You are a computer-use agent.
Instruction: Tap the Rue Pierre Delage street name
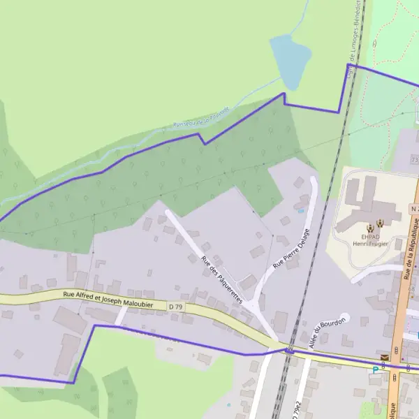coord(292,248)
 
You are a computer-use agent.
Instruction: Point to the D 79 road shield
coord(176,306)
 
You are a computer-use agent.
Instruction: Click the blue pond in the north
coord(290,59)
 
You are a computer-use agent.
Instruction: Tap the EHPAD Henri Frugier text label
coord(369,237)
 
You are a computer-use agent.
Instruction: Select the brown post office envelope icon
coord(385,358)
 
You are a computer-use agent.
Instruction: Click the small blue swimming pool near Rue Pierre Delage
coord(301,209)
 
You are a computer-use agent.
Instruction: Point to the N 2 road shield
coord(414,209)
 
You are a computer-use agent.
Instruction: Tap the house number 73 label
coord(415,161)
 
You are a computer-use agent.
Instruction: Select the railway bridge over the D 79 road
coord(289,351)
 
